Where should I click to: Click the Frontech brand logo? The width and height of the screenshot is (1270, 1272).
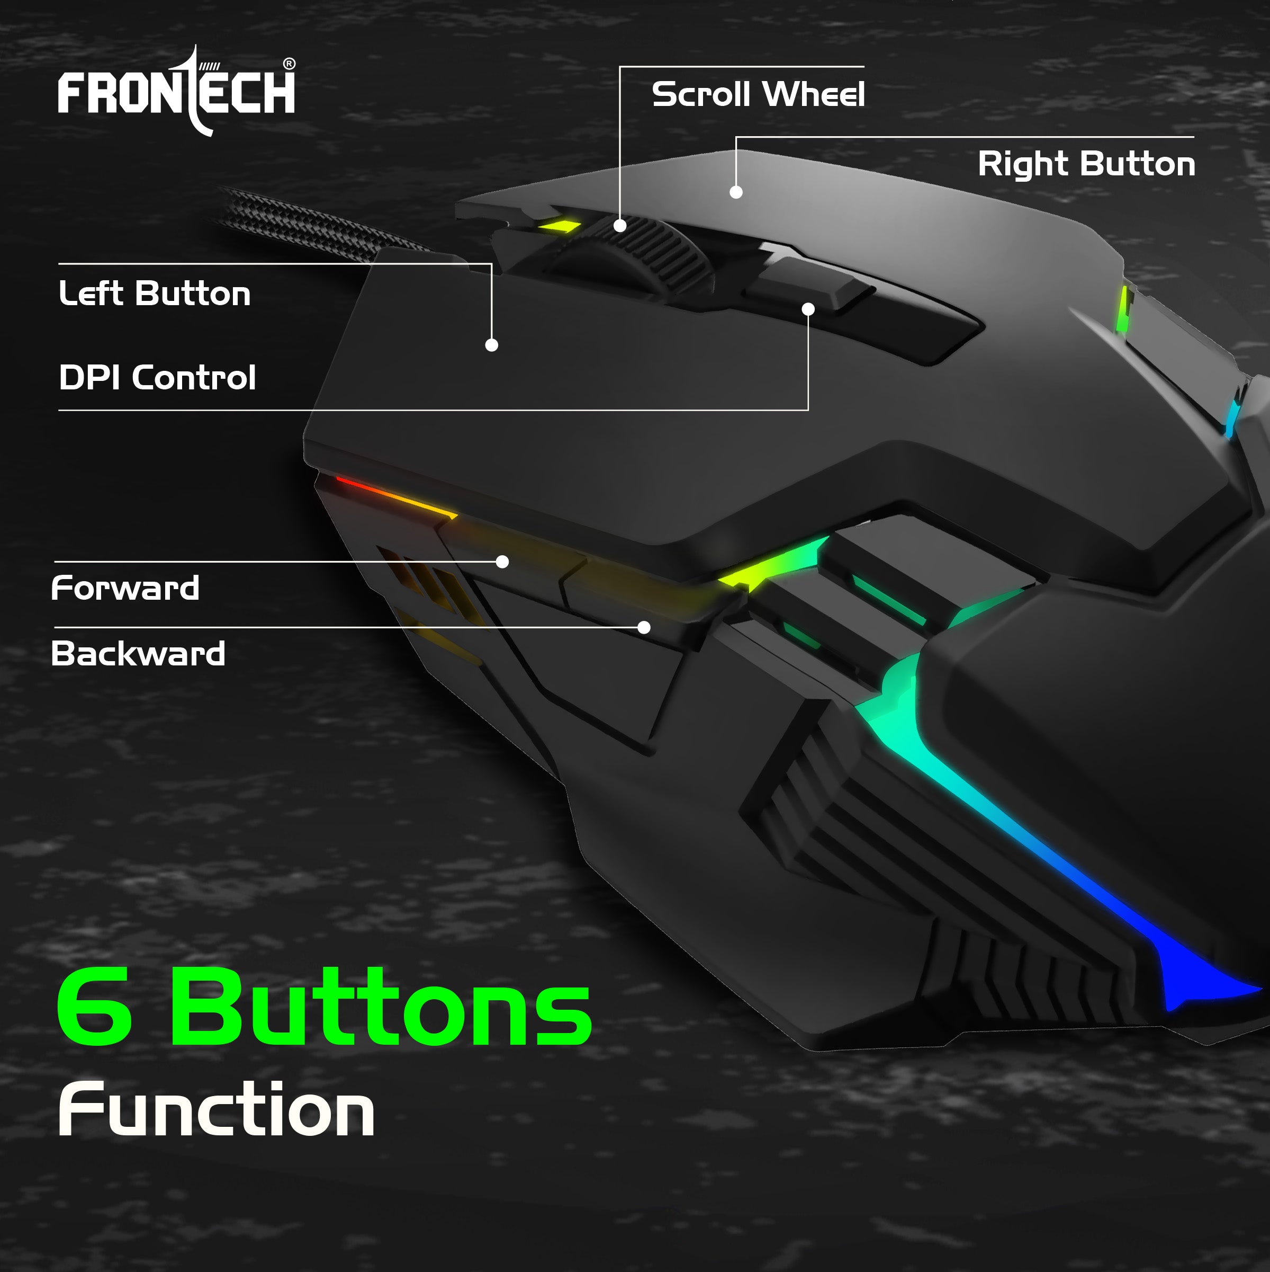coord(176,92)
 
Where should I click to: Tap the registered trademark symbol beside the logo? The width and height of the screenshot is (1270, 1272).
coord(289,64)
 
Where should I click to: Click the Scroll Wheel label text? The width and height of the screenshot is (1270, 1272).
coord(758,94)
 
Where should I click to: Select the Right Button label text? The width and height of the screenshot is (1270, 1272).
coord(1086,164)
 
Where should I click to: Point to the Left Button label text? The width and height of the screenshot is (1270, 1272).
coord(155,293)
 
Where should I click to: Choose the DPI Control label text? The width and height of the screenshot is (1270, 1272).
coord(157,378)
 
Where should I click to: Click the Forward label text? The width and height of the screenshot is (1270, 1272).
coord(125,588)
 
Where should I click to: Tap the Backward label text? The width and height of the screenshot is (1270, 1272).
coord(138,654)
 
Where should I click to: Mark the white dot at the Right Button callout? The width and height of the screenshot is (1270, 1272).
coord(736,192)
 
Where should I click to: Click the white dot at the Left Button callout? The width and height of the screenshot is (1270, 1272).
coord(492,345)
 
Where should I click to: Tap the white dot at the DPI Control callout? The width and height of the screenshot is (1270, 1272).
coord(809,309)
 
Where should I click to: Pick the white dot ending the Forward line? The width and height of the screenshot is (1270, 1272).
coord(502,562)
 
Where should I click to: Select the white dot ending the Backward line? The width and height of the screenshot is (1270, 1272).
coord(644,627)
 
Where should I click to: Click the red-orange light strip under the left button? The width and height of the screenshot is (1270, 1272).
coord(395,497)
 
